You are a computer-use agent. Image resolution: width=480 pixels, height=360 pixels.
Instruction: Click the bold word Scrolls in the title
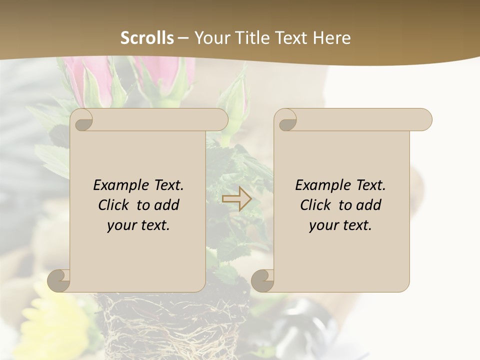[147, 38]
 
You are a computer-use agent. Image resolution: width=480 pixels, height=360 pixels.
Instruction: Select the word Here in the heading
[331, 38]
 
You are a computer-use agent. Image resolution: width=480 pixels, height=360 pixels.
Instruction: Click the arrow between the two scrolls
[236, 199]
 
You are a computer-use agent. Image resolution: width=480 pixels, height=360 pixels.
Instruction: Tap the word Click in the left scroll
[114, 205]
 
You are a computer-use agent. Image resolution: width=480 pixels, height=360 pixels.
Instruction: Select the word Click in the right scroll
[315, 205]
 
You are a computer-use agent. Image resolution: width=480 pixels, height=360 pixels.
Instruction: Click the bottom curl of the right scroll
[263, 281]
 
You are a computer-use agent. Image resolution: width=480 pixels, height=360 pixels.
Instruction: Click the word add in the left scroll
[167, 205]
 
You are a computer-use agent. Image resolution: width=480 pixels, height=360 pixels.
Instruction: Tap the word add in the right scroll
[369, 205]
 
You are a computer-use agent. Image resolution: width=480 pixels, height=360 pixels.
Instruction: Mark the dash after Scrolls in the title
[183, 38]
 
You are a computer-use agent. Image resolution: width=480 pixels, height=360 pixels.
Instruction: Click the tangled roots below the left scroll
[165, 325]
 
